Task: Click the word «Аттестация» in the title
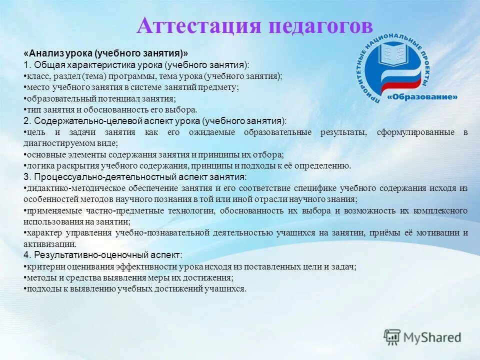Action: (198, 25)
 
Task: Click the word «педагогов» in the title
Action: (320, 25)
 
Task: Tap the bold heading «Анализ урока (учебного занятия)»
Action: (106, 53)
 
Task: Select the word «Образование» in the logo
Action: (424, 96)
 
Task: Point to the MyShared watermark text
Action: (431, 337)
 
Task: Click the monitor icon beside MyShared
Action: (392, 337)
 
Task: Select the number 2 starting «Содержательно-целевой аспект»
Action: (26, 121)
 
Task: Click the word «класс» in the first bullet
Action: (36, 76)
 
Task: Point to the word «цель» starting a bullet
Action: (36, 132)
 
